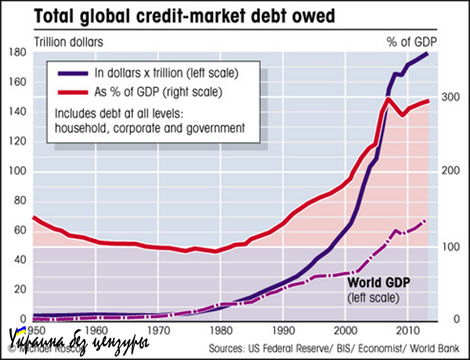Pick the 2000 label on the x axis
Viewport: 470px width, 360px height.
(345, 329)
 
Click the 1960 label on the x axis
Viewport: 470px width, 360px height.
(97, 329)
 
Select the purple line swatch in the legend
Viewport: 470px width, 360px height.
(73, 73)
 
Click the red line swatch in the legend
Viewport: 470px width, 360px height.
(73, 92)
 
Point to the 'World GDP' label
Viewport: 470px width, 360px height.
(380, 283)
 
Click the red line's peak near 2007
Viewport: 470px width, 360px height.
(389, 99)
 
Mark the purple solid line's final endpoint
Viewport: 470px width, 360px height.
(427, 53)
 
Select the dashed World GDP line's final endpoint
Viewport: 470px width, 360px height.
(425, 221)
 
